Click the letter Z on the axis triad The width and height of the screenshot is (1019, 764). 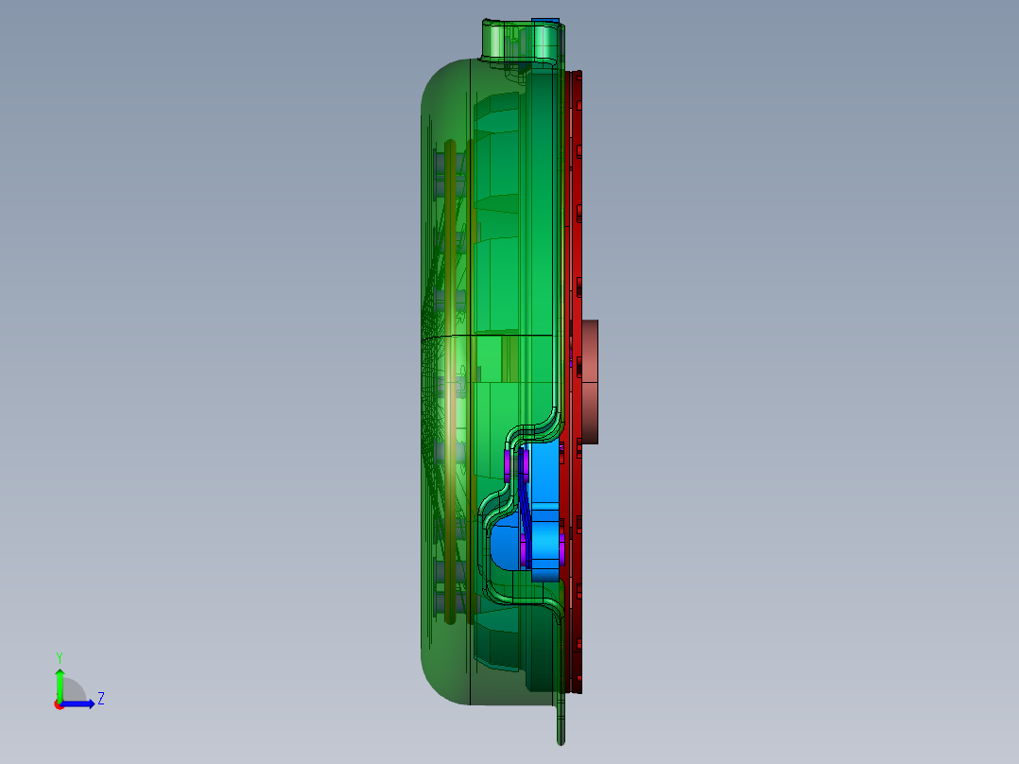(x=100, y=699)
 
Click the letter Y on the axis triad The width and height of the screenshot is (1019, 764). (x=59, y=656)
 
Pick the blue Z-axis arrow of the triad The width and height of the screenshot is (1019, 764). (x=81, y=703)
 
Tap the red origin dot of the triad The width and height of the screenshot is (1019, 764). (x=58, y=703)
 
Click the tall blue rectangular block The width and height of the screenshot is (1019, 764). (x=544, y=511)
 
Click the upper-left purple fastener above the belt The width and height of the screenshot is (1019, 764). (x=509, y=464)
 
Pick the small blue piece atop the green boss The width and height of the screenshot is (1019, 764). (x=545, y=21)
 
